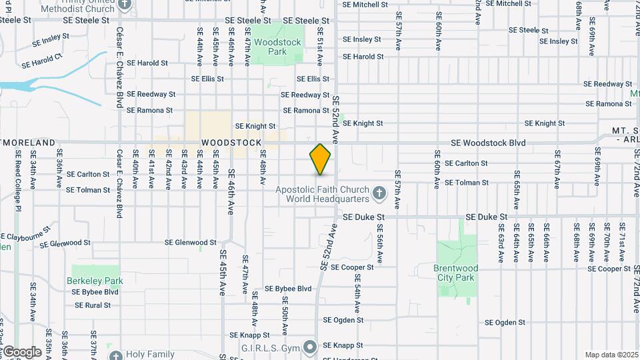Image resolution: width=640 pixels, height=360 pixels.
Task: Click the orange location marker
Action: pos(320,159)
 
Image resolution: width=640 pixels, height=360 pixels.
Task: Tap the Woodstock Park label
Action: pos(279,47)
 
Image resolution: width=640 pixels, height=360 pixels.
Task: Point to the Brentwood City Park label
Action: pos(456,273)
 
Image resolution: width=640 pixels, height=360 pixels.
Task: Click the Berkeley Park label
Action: pos(95,281)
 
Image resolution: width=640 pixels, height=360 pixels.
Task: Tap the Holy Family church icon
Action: pos(115,356)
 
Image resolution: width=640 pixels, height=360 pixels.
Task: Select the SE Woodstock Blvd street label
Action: pos(488,143)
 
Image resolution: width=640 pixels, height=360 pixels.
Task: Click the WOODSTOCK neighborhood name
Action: pos(231,143)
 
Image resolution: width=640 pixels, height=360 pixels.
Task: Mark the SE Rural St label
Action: pos(92,305)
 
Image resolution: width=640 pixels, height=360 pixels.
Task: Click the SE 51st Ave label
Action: pos(320,46)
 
